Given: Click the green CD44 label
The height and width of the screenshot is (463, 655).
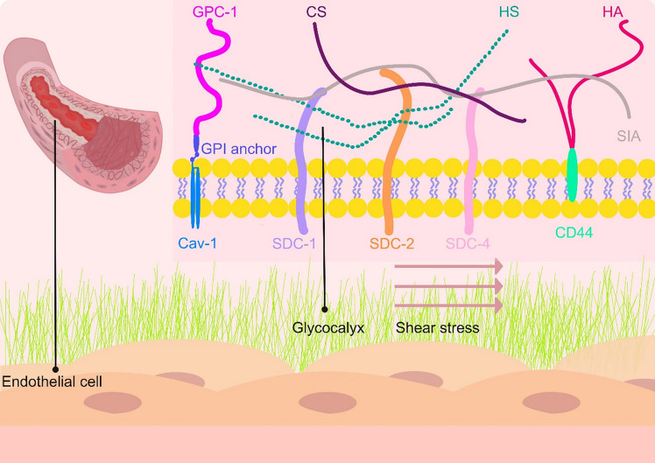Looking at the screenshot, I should coord(574,233).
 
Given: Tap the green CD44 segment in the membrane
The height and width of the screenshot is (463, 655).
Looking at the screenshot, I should coord(572,175).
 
